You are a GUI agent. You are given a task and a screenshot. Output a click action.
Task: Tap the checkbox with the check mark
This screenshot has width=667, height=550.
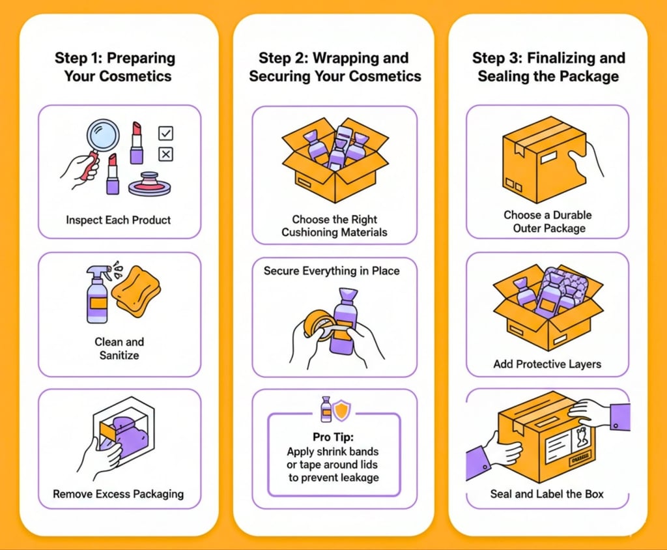coord(166,134)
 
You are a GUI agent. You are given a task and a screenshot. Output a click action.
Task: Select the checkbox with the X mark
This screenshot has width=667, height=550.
coord(166,154)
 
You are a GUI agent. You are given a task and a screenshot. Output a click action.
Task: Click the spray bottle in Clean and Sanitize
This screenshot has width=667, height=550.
coord(97,297)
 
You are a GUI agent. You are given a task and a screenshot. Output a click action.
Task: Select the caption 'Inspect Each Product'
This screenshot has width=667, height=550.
coord(119,220)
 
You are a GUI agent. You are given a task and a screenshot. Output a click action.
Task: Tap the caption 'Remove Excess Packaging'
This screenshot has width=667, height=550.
coord(118,494)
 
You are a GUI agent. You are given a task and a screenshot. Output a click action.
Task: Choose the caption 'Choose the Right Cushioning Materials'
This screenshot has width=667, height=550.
coord(334,225)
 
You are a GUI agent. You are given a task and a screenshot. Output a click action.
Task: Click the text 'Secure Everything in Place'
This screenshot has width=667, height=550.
coord(332,270)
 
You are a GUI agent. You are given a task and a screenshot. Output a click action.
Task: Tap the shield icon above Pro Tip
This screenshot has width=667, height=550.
coord(341,410)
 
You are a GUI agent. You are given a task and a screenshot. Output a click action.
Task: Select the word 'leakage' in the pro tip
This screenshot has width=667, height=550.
coord(358,478)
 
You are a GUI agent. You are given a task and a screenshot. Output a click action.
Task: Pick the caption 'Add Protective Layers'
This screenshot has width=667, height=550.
coord(546,364)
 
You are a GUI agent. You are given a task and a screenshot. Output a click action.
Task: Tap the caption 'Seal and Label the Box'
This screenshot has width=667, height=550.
coord(546,494)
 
